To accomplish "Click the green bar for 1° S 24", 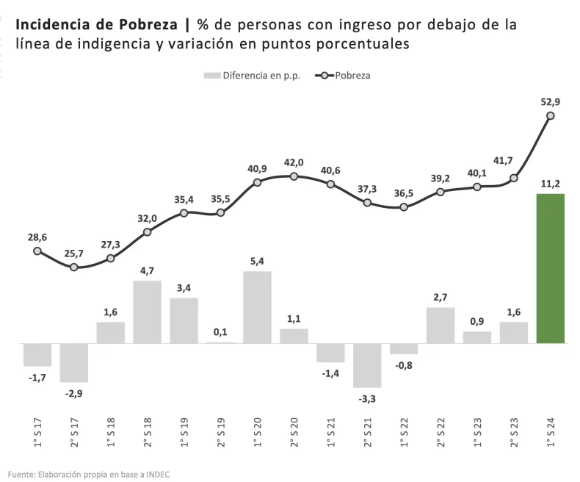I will [x=551, y=268].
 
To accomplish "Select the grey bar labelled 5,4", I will [x=257, y=307].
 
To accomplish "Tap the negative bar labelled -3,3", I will [x=367, y=365].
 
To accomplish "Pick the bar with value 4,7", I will [x=147, y=312].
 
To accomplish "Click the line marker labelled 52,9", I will [x=551, y=115].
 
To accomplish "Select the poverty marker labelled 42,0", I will [x=294, y=176].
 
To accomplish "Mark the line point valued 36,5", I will [x=404, y=207].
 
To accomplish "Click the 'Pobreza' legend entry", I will [x=352, y=75].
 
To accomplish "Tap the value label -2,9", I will [x=73, y=394].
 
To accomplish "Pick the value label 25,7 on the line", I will [x=73, y=253].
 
